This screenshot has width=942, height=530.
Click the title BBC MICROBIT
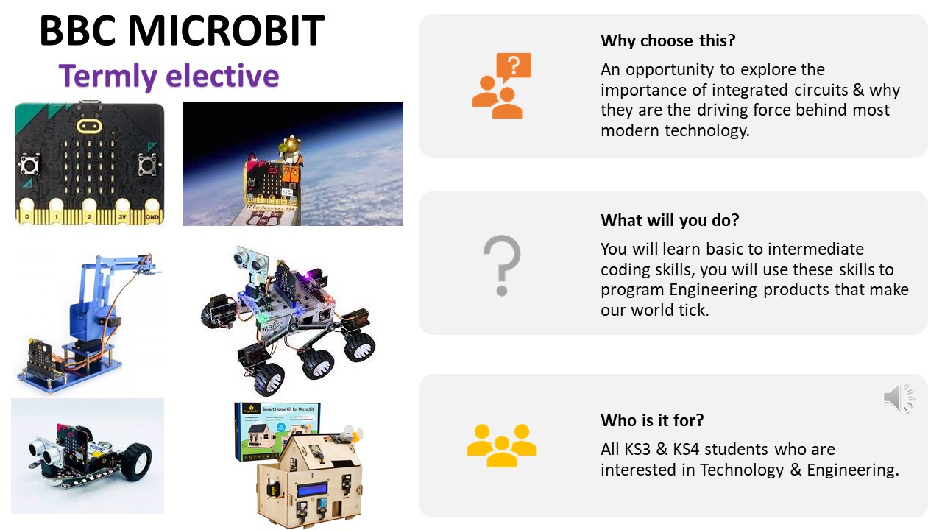point(182,30)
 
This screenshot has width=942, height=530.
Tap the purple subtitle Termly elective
point(169,76)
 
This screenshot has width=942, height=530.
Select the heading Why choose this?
point(667,40)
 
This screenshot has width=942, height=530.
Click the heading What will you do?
point(670,220)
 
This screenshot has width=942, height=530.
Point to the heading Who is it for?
point(652,420)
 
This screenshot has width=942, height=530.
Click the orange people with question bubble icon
point(501,85)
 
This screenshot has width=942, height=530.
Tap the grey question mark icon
point(502,266)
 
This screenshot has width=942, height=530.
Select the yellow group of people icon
point(502,445)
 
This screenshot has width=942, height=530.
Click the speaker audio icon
point(899,397)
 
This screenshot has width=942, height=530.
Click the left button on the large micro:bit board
point(29,164)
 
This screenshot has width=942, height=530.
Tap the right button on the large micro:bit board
point(148,164)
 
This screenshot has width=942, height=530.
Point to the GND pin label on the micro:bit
point(152,217)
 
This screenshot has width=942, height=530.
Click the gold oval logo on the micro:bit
point(89,125)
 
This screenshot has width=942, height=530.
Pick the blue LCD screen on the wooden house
point(312,490)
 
